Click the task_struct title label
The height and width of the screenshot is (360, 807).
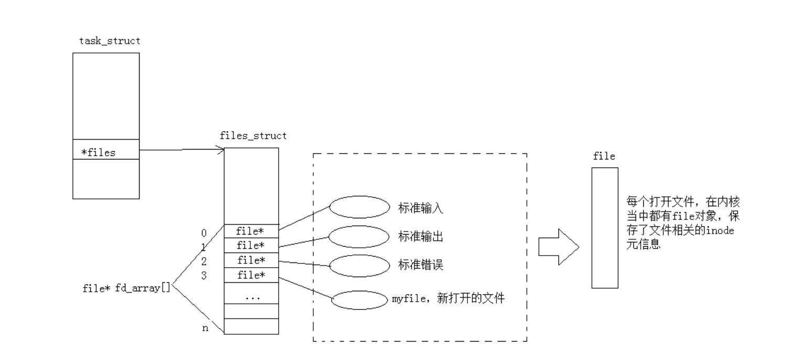[x=110, y=41]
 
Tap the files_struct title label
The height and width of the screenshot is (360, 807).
[x=253, y=136]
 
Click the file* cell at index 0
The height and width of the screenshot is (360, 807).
[x=251, y=231]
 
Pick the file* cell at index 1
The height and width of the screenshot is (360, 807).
[x=251, y=246]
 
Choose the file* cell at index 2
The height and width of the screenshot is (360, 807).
[x=251, y=260]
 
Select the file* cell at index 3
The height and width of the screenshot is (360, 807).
[x=251, y=275]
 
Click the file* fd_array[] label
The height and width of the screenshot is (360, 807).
[x=126, y=288]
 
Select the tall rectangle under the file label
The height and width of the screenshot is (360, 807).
[x=604, y=228]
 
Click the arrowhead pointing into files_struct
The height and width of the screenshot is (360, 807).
[x=222, y=150]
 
